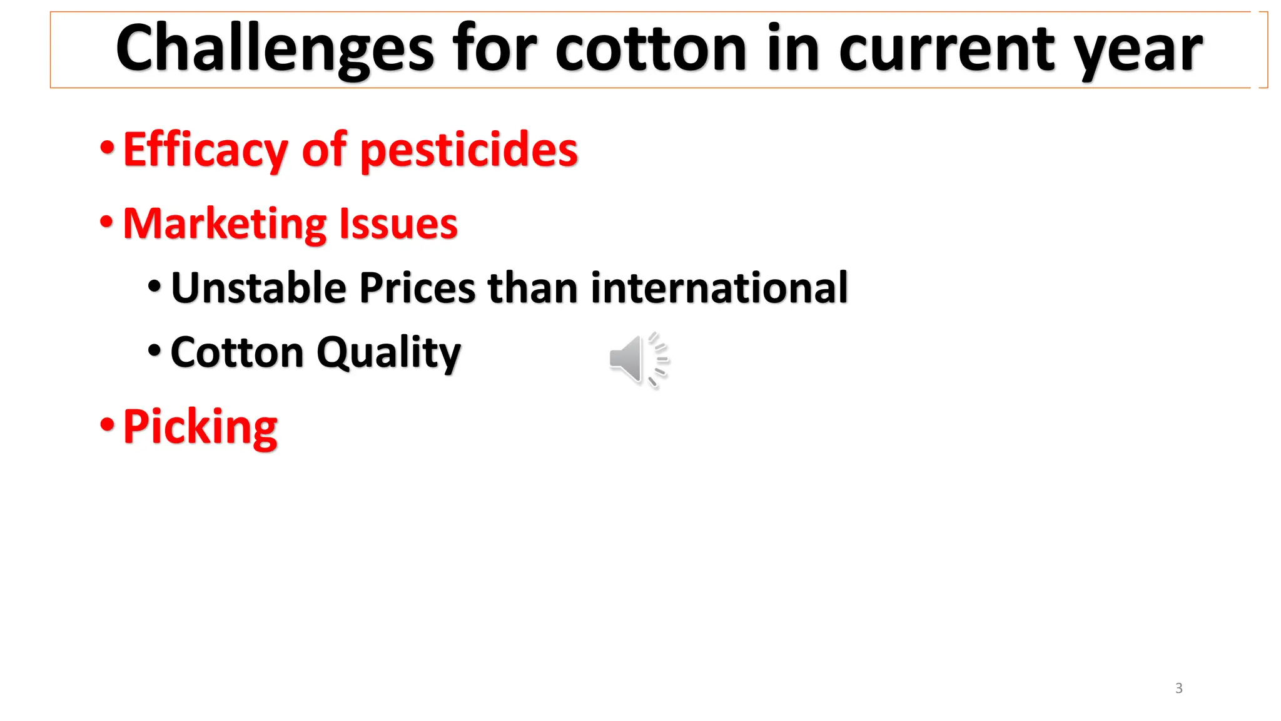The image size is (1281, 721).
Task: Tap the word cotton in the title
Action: pos(651,49)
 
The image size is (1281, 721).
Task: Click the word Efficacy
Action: pos(206,150)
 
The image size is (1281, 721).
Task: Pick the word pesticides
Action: pos(469,150)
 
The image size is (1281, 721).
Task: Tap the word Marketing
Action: pos(225,224)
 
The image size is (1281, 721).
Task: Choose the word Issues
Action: pos(398,224)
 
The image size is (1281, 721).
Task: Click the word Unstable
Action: pos(258,288)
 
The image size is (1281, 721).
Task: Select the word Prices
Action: pos(417,288)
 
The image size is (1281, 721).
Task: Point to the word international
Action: pos(719,288)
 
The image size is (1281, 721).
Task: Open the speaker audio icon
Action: pos(638,360)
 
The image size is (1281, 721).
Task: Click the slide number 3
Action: pos(1179,688)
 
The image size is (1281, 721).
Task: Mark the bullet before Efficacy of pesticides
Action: pos(108,148)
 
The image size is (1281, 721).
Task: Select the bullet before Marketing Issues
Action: pos(107,222)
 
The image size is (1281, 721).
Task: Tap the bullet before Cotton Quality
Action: pos(154,350)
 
